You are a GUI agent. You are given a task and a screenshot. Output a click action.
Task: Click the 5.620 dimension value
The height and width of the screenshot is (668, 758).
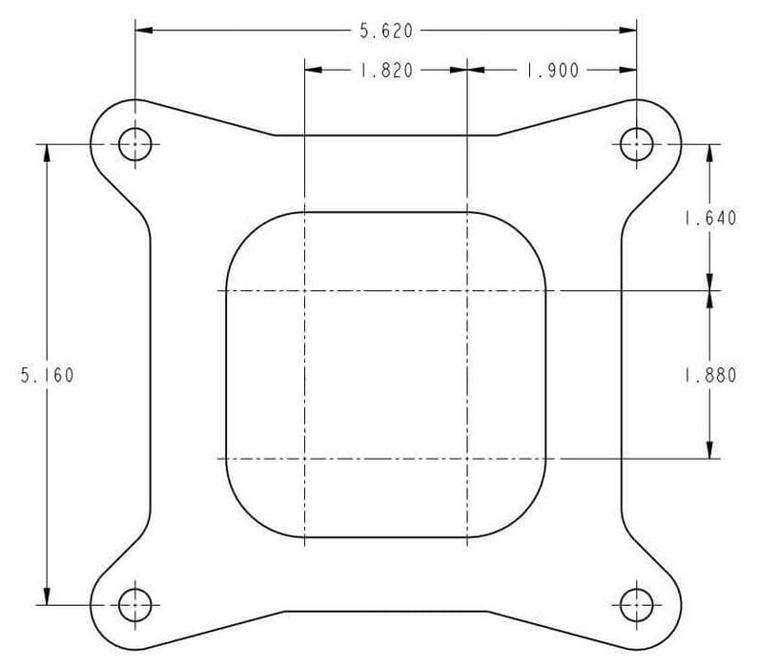tap(385, 31)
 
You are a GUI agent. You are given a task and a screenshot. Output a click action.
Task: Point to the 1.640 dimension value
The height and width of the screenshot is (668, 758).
tap(709, 219)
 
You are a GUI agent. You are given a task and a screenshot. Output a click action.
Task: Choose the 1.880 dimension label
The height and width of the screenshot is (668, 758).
tap(709, 375)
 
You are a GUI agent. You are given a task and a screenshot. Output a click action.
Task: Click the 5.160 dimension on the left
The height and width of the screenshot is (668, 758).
tap(46, 375)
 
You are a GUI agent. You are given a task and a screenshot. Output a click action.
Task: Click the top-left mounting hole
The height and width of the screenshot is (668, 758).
tap(134, 145)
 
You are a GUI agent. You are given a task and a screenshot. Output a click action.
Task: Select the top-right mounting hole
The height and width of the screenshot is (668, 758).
tap(636, 145)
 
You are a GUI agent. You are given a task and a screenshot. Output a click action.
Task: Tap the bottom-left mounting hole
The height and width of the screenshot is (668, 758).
tap(134, 604)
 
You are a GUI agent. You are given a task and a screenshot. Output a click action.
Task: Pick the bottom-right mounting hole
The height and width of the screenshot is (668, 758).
tap(636, 604)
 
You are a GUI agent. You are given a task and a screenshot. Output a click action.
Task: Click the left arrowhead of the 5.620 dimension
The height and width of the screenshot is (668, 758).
tap(142, 31)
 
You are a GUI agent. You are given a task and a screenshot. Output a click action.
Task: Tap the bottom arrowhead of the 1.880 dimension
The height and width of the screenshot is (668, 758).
tap(709, 451)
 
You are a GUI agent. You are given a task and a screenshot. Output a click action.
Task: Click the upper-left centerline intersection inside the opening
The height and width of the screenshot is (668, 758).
tap(303, 290)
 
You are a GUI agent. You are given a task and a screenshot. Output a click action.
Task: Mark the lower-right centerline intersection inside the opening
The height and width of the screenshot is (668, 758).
tap(465, 459)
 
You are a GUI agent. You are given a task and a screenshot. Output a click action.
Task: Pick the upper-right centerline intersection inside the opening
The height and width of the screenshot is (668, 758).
tap(465, 290)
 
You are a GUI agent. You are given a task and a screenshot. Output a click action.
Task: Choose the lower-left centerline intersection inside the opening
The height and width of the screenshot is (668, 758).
tap(303, 459)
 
